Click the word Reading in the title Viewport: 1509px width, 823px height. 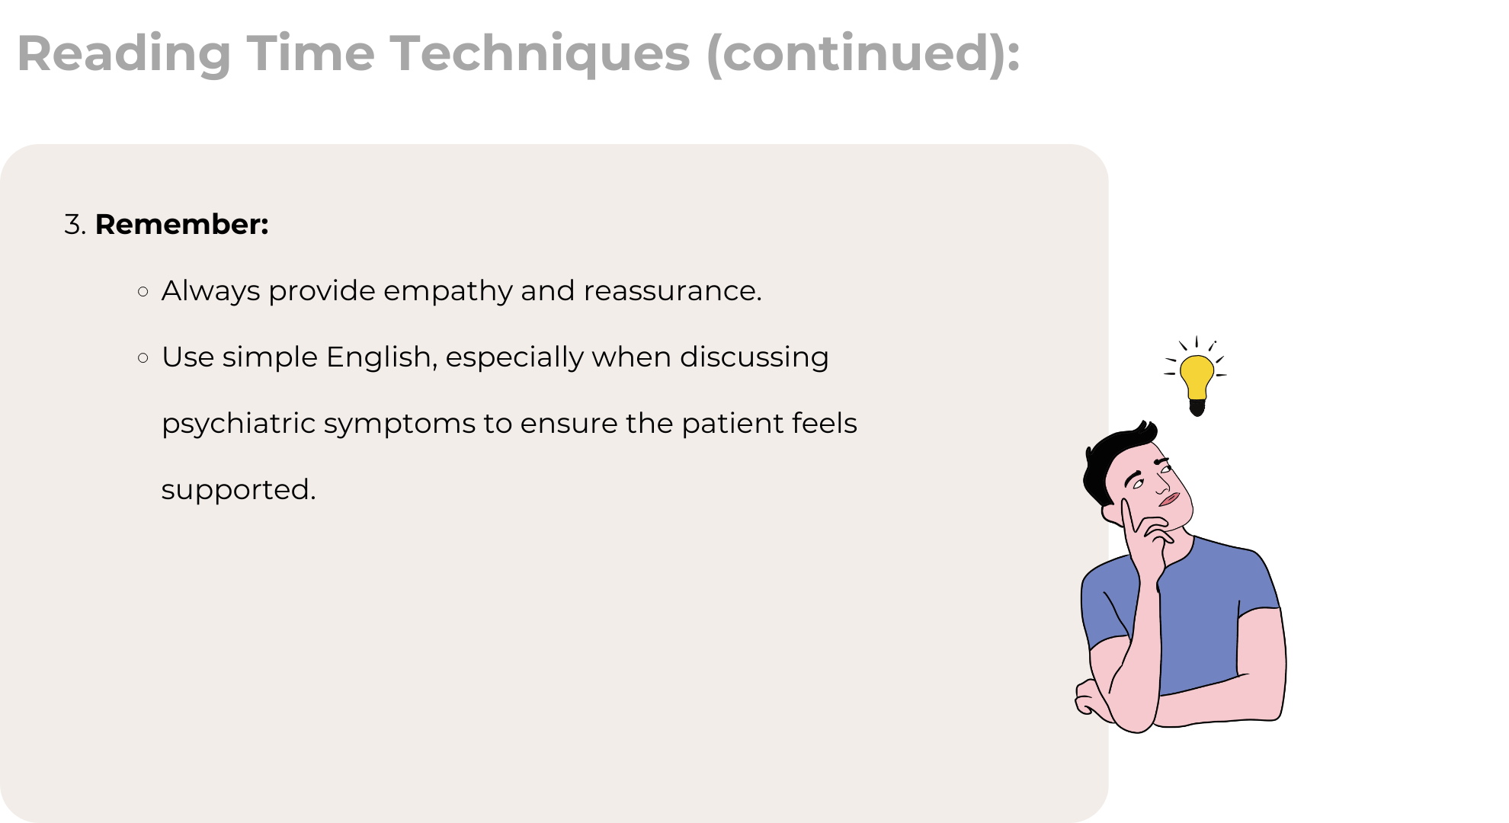point(124,54)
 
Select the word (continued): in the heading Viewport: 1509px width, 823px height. point(863,55)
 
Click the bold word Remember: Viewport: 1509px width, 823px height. point(181,225)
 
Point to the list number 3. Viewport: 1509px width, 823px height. point(75,225)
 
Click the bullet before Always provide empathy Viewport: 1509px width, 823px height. point(143,291)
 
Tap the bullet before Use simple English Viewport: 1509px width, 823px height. point(143,357)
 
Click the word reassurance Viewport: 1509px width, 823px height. point(673,291)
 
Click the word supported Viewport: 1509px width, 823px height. point(239,491)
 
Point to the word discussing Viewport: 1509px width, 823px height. point(754,358)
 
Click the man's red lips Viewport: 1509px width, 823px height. point(1169,500)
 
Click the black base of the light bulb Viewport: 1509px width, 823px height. point(1197,407)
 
